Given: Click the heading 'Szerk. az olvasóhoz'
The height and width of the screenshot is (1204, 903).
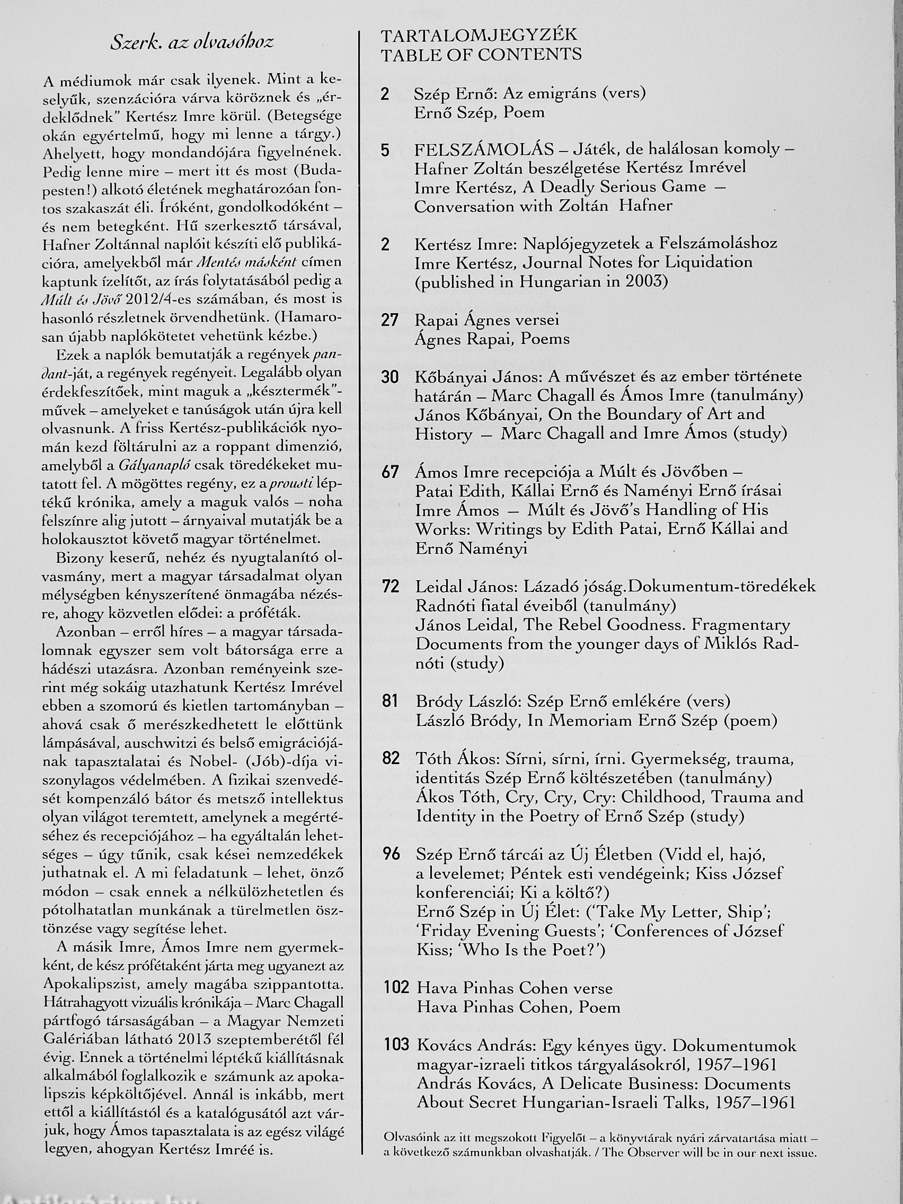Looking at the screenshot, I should [192, 43].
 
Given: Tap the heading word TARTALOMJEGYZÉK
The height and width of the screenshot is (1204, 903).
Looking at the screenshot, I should [479, 36].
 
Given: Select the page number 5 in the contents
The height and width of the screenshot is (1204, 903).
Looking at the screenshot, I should [386, 150].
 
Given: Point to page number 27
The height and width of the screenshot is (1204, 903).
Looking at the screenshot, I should [389, 320].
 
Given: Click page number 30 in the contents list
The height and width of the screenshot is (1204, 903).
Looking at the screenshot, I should [390, 377].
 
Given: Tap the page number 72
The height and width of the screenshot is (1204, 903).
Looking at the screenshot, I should [390, 587].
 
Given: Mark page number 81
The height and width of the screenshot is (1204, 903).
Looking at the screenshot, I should [390, 701].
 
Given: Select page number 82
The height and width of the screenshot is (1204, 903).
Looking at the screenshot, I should [391, 758].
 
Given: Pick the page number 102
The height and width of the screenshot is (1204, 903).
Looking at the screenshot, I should [396, 988].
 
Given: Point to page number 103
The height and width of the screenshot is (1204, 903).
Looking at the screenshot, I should [396, 1045].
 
